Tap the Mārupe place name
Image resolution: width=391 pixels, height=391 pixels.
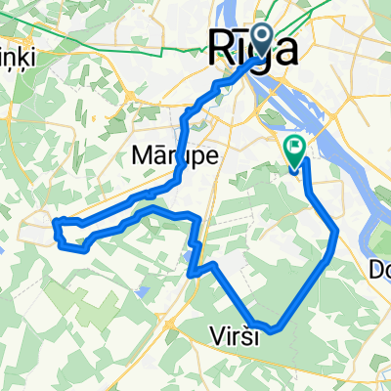point(167,155)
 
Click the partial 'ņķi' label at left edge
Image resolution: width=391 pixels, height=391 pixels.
point(17,57)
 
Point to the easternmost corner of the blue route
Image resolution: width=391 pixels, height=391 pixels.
point(337,232)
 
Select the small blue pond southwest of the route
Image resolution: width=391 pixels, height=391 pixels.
point(144,290)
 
